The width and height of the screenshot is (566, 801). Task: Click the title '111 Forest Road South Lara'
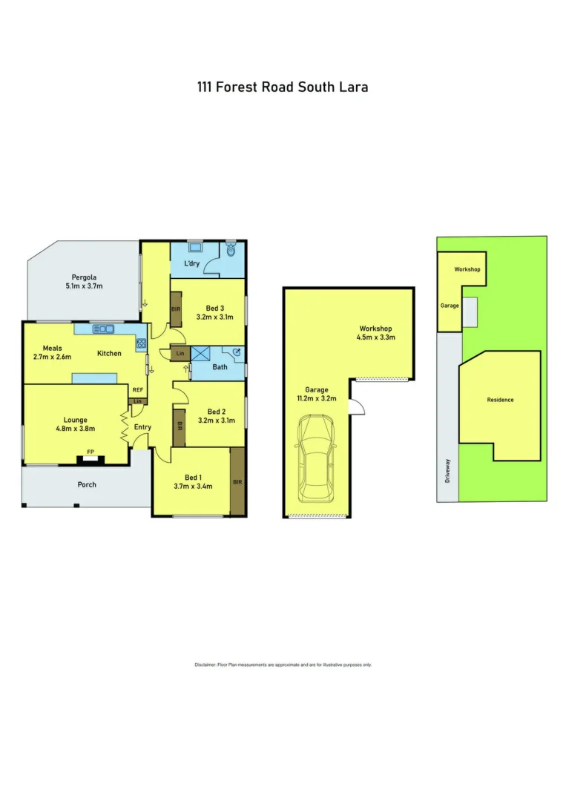tap(283, 87)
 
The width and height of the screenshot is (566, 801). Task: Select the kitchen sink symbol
tap(102, 329)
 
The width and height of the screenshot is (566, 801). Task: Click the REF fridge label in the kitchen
tap(137, 389)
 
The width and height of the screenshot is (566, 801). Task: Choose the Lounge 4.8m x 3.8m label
tap(75, 423)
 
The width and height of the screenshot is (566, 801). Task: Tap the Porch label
tap(87, 484)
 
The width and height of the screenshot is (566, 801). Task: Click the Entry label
tap(142, 427)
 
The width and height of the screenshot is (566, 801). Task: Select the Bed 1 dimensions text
tap(194, 487)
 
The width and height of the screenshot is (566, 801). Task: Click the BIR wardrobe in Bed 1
tap(237, 481)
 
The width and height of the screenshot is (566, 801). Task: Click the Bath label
tap(220, 366)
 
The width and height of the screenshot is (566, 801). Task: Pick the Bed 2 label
tap(217, 412)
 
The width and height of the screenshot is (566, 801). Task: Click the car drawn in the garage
tap(316, 459)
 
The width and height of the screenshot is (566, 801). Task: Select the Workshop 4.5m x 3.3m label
tap(376, 333)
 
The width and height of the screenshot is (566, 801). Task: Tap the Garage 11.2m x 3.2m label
tap(316, 395)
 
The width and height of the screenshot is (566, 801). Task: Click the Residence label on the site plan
tap(500, 400)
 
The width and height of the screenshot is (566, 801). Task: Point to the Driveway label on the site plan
tap(448, 470)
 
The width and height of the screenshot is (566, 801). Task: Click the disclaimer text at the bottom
tap(283, 665)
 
